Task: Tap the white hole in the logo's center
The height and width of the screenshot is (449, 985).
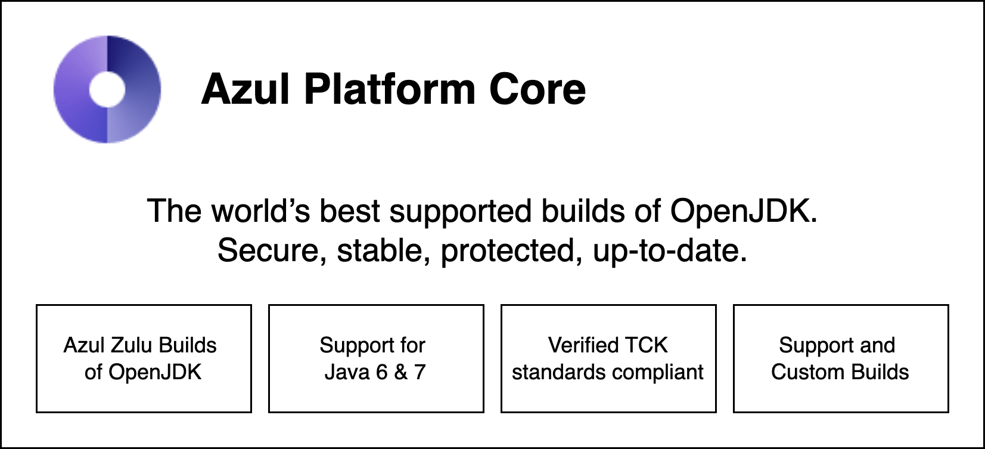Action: (107, 89)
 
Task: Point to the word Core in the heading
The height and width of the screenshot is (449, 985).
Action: (537, 89)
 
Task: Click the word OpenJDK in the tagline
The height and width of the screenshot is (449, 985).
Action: (744, 211)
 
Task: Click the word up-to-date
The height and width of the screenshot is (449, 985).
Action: (670, 250)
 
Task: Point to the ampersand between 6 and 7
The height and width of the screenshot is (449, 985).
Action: (401, 372)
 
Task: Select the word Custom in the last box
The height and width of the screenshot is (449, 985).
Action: (799, 372)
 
